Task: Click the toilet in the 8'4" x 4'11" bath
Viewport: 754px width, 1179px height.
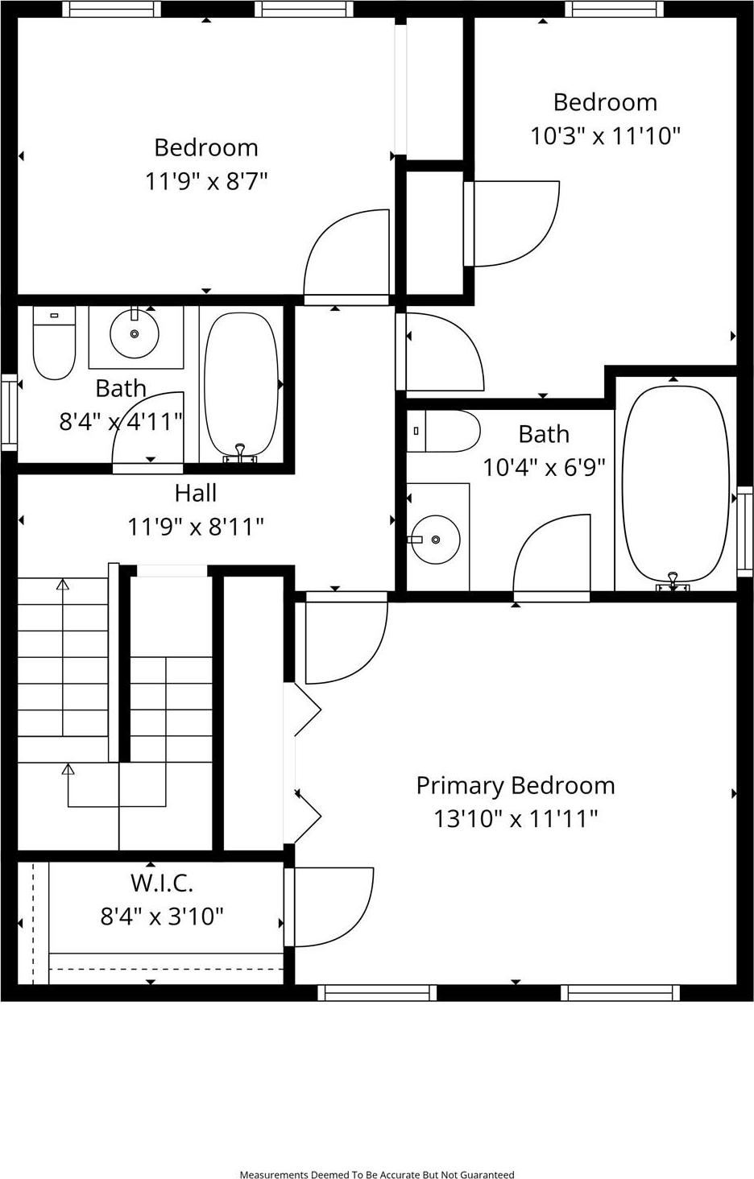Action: (x=54, y=345)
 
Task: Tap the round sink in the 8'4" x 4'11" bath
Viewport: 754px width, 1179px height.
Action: (x=134, y=333)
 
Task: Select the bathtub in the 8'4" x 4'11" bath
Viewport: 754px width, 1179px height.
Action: (x=241, y=385)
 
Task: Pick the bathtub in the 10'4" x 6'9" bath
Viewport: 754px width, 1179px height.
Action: (x=675, y=483)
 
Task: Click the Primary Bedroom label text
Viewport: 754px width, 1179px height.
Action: (x=515, y=785)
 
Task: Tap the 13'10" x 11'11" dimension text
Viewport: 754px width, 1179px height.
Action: (x=515, y=819)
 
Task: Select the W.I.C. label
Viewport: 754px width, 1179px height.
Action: (x=162, y=883)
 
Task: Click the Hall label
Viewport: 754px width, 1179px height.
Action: (x=196, y=493)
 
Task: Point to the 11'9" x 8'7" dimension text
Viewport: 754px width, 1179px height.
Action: (x=206, y=181)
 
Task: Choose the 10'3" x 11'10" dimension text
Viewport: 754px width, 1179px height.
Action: (x=605, y=135)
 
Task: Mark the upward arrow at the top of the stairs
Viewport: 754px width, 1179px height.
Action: (x=63, y=585)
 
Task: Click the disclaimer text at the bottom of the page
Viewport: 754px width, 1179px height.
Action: (x=377, y=1174)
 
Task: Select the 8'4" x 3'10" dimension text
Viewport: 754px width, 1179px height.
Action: (x=162, y=916)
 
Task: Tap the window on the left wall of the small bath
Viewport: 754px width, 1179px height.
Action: (x=9, y=411)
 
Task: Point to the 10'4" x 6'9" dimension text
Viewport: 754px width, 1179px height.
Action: (x=544, y=467)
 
